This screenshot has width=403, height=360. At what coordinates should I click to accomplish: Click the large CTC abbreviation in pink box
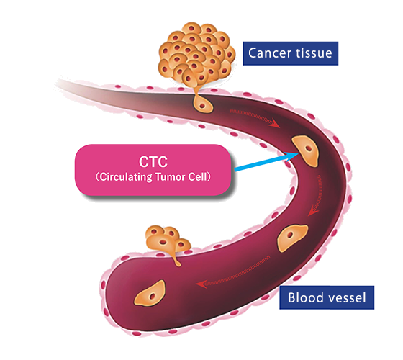point(153,162)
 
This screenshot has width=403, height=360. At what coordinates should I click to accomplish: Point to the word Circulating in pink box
point(126,177)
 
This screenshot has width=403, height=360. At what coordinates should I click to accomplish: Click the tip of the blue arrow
point(299,154)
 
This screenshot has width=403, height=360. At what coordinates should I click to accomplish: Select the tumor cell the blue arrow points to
point(306,150)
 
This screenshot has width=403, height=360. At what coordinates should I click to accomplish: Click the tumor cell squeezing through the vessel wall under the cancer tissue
point(202,103)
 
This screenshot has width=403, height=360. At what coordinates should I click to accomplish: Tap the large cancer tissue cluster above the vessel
point(196,54)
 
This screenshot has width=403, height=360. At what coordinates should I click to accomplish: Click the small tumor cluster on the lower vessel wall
point(167,240)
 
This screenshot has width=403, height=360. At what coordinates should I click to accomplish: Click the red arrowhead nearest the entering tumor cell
point(274,123)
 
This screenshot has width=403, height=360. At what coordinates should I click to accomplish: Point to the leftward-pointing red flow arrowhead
point(201,284)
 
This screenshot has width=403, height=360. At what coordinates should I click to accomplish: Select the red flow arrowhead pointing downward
point(313,211)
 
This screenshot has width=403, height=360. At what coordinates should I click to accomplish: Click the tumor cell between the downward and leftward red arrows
point(292,238)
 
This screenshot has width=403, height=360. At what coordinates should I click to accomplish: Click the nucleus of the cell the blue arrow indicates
point(309,148)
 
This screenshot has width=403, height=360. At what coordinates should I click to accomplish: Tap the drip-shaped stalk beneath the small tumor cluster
point(176,260)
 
